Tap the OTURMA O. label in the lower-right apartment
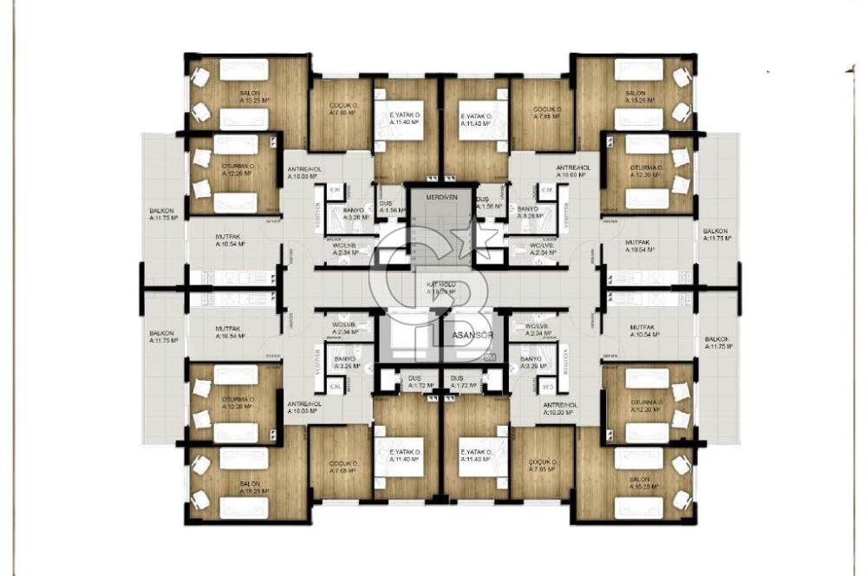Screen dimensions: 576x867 646,403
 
